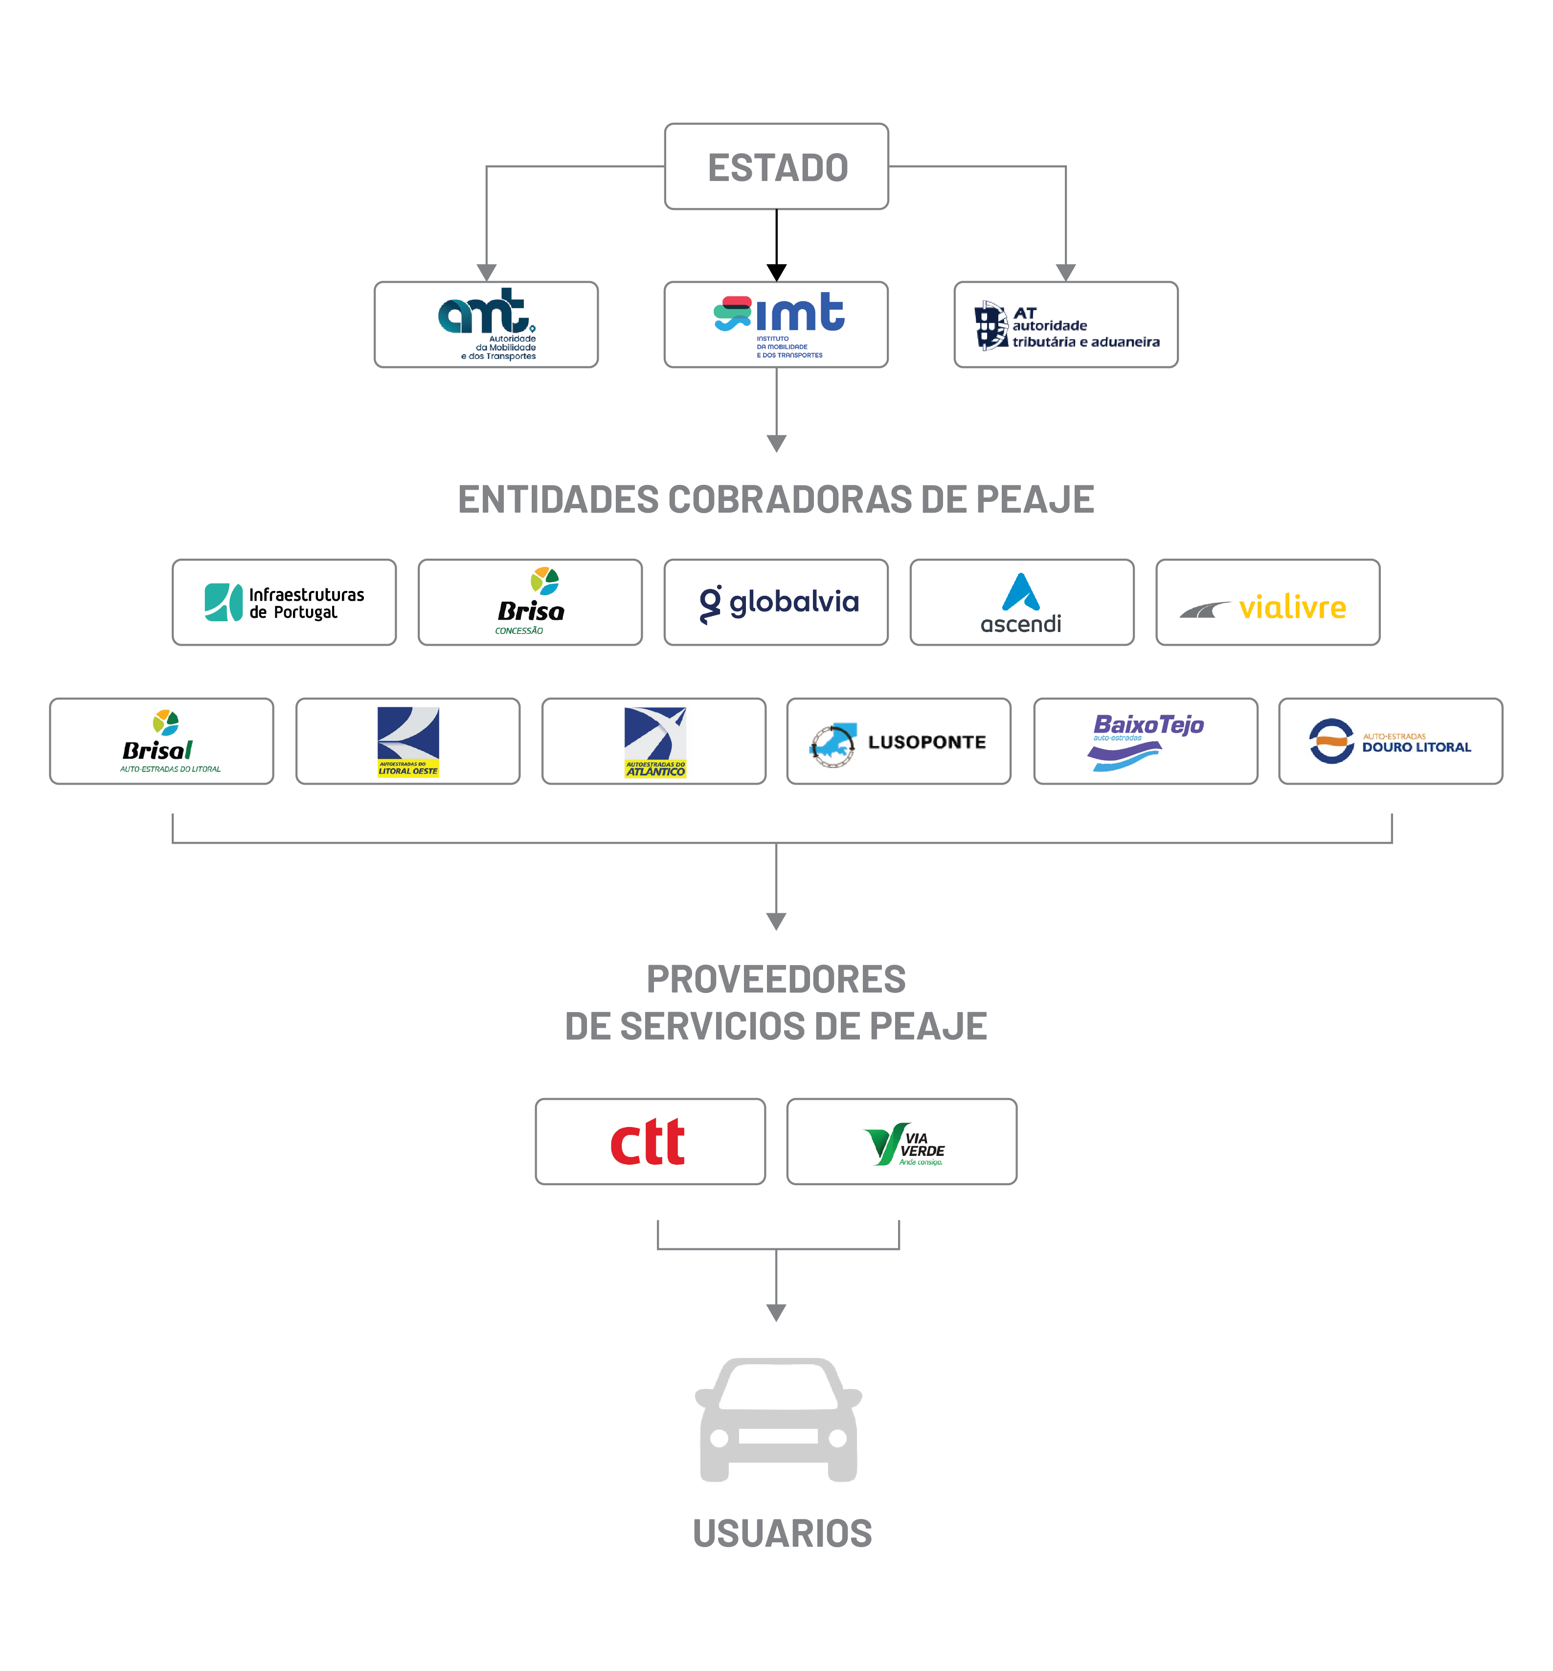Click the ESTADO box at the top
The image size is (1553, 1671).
pos(777,166)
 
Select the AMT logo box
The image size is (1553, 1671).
pos(486,324)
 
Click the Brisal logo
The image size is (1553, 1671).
pos(161,742)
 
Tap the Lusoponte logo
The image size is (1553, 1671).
pos(899,742)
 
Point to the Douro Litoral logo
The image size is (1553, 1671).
pos(1391,742)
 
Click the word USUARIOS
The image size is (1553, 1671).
pos(783,1533)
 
